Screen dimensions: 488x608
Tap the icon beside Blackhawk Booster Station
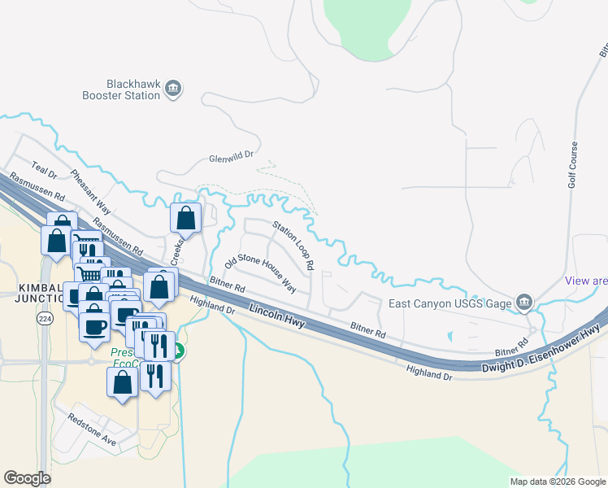coord(172,89)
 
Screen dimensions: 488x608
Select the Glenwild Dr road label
coord(232,155)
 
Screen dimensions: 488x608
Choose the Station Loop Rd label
coord(293,245)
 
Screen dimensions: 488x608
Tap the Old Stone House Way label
coord(260,272)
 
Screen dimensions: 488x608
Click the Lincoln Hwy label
coord(277,316)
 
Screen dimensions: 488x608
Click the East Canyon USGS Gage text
coord(449,304)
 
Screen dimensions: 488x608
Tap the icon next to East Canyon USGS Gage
coord(524,303)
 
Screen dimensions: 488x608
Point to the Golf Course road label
coord(573,166)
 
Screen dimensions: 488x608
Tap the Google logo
coord(28,478)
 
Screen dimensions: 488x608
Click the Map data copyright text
coord(557,481)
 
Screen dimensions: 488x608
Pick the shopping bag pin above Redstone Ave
coord(122,382)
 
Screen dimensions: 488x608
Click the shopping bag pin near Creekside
coord(186,218)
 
